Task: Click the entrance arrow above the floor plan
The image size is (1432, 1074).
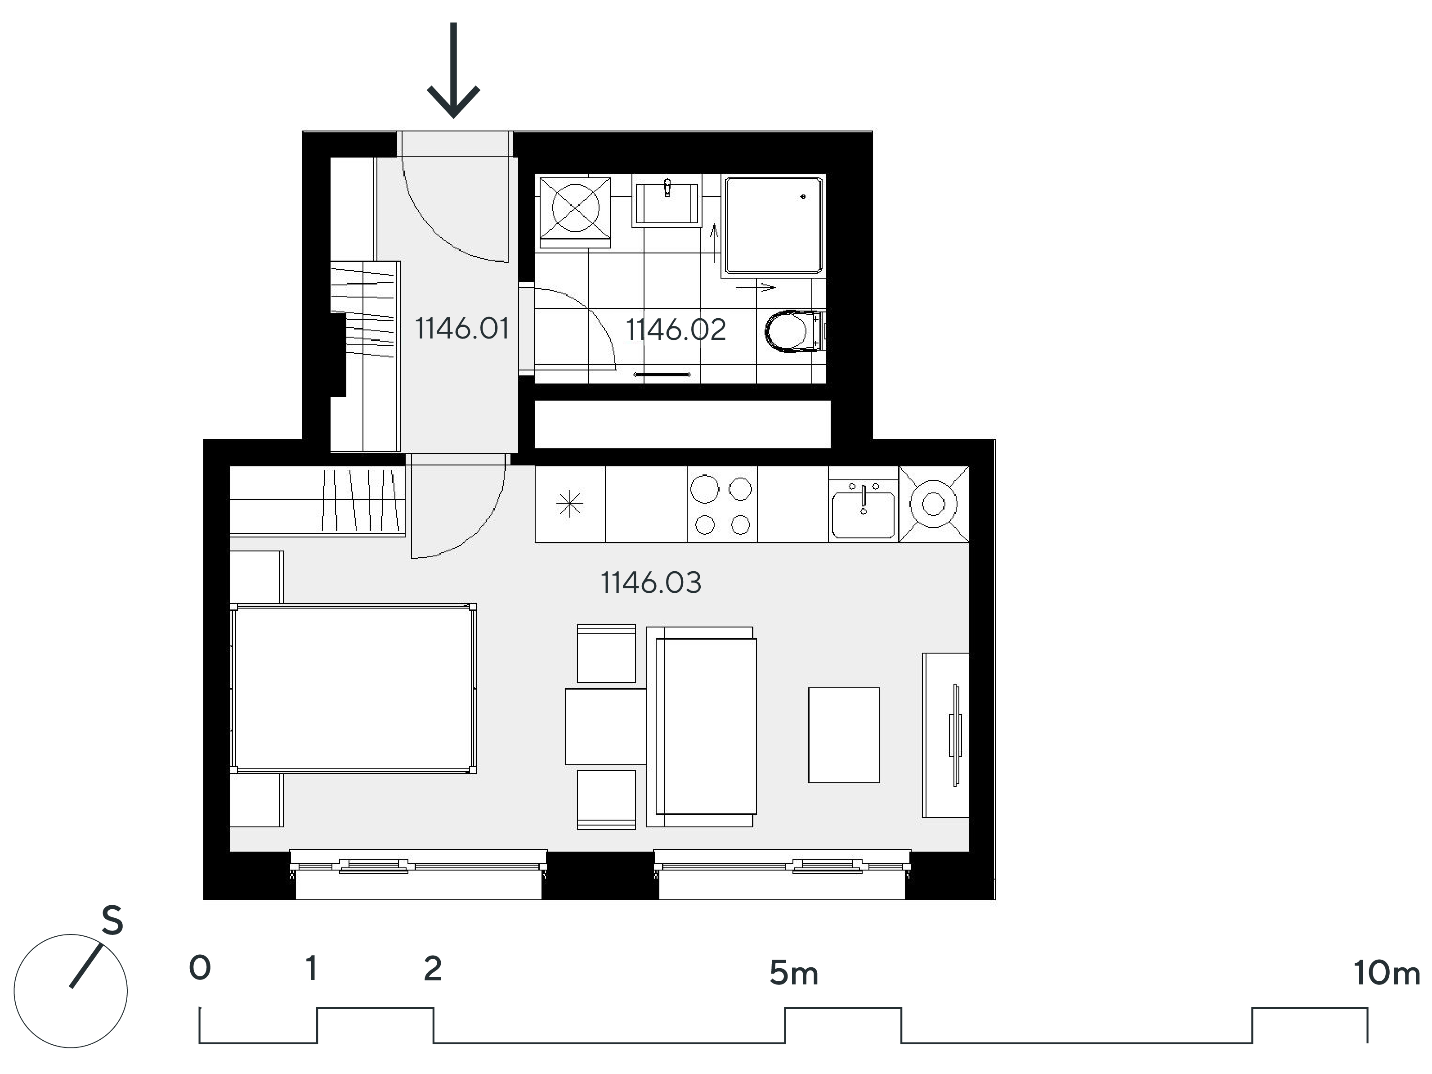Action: pyautogui.click(x=453, y=70)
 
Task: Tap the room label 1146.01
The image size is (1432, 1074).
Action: pyautogui.click(x=461, y=329)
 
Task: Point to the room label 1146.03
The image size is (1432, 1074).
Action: pyautogui.click(x=651, y=582)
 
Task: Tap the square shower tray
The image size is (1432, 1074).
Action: pyautogui.click(x=774, y=225)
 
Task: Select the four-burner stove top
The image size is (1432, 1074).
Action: pyautogui.click(x=722, y=505)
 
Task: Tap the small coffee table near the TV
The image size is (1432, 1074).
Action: pyautogui.click(x=844, y=735)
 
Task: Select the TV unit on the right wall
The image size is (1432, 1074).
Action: pyautogui.click(x=945, y=735)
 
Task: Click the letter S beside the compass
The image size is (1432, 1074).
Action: pyautogui.click(x=112, y=921)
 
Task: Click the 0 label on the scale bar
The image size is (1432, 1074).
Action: pyautogui.click(x=200, y=968)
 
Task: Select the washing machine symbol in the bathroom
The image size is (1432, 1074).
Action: pyautogui.click(x=575, y=211)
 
